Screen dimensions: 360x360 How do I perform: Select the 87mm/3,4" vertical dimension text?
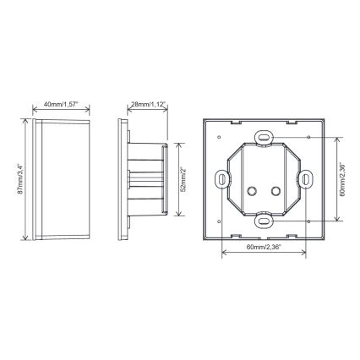[19, 177]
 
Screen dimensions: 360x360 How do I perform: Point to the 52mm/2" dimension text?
[183, 177]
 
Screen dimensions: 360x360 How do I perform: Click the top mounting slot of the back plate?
[265, 136]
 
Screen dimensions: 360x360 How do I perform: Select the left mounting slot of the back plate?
[222, 179]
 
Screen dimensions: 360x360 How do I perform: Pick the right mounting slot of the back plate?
[306, 179]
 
